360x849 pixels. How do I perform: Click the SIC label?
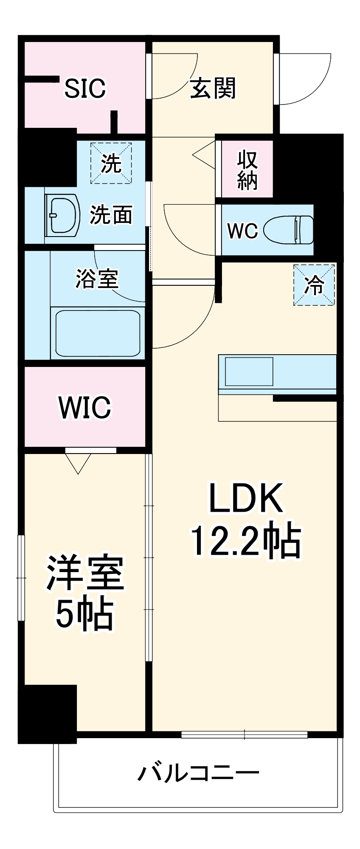coord(84,88)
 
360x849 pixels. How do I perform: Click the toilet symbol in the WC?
coord(289,229)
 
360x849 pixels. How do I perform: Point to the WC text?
coord(242,231)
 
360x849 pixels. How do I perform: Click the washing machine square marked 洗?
coord(111,163)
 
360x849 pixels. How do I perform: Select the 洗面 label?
coord(111,214)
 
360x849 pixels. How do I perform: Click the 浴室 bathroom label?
coord(97,279)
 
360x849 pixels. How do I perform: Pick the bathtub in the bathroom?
coord(98,333)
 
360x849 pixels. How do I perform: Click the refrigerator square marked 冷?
coord(314,285)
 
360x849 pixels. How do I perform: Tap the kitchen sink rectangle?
coord(249,372)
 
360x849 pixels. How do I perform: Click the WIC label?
coord(84,407)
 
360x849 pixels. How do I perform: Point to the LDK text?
coord(246,498)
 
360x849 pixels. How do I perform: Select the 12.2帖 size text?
coord(246,541)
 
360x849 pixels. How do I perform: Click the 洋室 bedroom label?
coord(85,573)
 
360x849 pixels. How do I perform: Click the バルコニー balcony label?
coord(198,772)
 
